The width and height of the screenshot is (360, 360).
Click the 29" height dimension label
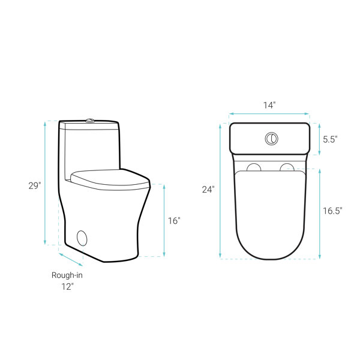pyautogui.click(x=35, y=186)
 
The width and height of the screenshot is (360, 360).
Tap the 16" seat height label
pyautogui.click(x=174, y=221)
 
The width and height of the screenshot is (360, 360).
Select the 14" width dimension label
pyautogui.click(x=269, y=106)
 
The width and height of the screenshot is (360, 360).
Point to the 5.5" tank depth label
pyautogui.click(x=330, y=139)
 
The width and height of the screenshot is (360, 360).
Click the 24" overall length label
pyautogui.click(x=208, y=190)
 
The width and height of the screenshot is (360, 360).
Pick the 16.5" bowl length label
pyautogui.click(x=332, y=211)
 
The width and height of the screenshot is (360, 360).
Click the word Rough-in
pyautogui.click(x=67, y=275)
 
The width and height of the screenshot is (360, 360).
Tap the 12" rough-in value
pyautogui.click(x=67, y=287)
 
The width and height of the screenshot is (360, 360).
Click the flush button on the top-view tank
pyautogui.click(x=272, y=139)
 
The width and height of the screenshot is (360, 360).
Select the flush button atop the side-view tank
pyautogui.click(x=90, y=121)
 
